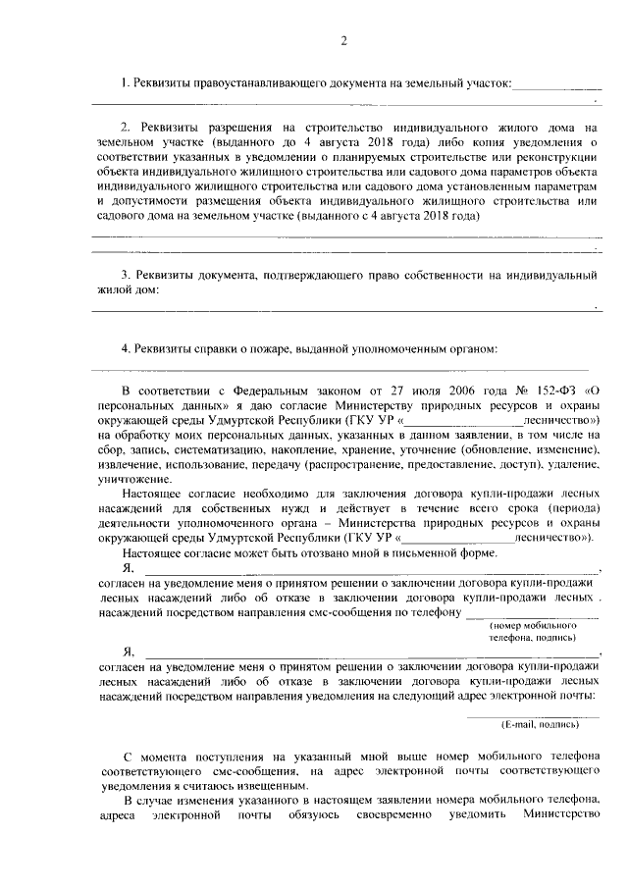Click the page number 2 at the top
[x=343, y=40]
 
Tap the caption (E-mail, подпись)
[x=540, y=724]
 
